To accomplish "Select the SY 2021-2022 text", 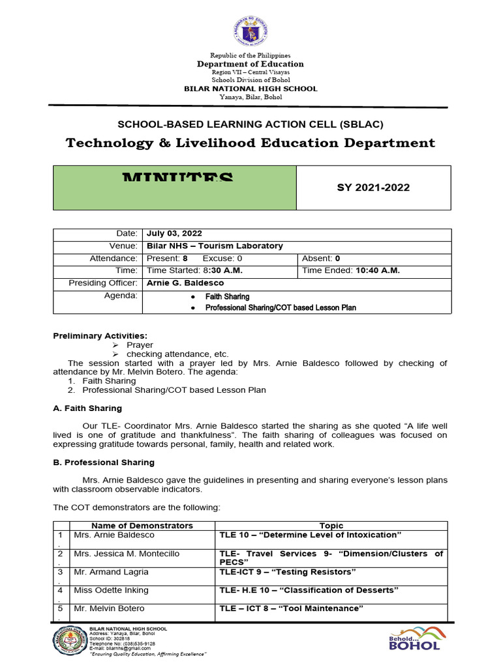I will coord(373,188).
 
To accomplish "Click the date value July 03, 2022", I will coord(174,233).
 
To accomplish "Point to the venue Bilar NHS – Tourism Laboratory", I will coord(215,246).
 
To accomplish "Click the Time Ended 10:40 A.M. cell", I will coord(352,270).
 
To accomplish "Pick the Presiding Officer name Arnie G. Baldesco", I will coord(185,283).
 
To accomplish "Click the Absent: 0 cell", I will coord(321,258).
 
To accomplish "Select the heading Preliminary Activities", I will coord(100,335).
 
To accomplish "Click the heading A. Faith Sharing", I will coord(87,408).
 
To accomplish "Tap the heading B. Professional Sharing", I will coord(103,462).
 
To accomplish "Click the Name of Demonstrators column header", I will coord(142,526).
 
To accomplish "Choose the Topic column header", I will coord(331,526).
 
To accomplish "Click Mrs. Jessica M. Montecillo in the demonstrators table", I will coord(126,554).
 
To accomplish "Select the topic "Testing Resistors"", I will coord(288,572).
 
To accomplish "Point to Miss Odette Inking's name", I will coord(110,590).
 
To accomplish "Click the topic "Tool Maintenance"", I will coord(291,608).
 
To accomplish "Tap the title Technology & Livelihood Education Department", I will coord(250,143).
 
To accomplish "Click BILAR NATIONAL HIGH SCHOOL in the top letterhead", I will coord(250,89).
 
